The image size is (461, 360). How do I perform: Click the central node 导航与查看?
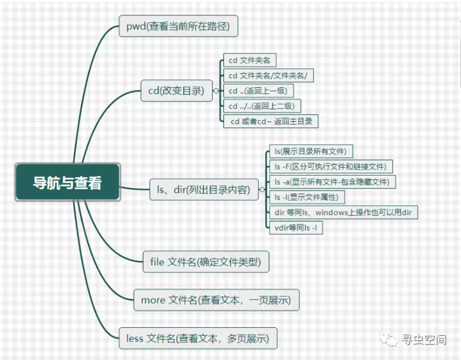click(67, 182)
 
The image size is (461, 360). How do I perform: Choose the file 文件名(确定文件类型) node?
click(205, 262)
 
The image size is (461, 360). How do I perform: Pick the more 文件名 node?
click(216, 300)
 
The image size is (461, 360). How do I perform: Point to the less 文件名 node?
click(197, 338)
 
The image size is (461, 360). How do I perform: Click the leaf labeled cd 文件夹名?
click(250, 60)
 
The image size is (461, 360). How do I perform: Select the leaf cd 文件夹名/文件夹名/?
click(268, 75)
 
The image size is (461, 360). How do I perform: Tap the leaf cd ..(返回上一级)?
click(257, 91)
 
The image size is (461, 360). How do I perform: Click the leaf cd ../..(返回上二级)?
click(262, 106)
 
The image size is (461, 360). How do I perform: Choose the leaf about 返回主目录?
click(272, 121)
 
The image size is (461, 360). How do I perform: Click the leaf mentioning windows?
click(343, 212)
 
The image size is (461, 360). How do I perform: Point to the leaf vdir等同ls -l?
click(296, 228)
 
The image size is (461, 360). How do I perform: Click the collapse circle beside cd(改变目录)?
click(216, 90)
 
